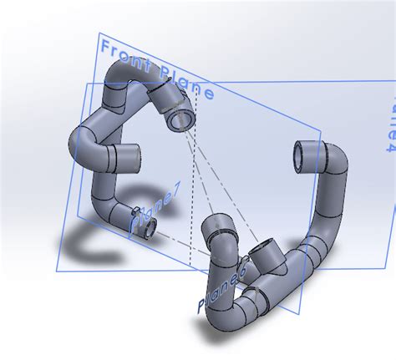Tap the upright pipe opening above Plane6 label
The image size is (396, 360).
tap(219, 223)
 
